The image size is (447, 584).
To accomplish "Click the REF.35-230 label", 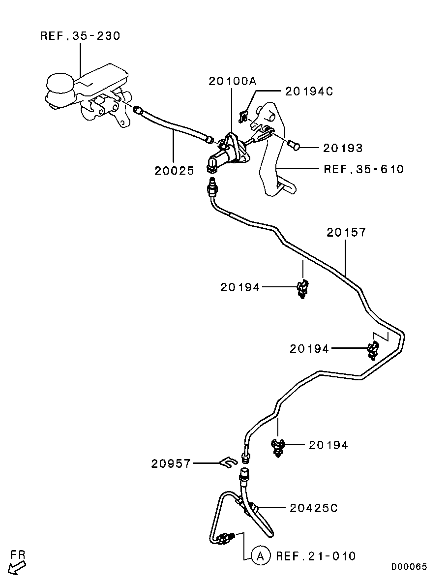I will [x=80, y=36].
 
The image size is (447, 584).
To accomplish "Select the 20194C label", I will [x=309, y=91].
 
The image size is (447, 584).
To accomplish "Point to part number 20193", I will [x=342, y=148].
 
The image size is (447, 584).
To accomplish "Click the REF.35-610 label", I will [x=363, y=169].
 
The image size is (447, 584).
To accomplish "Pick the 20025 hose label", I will [x=174, y=170].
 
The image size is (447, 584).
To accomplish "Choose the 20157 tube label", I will [x=346, y=232].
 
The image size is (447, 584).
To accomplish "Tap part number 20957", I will [x=171, y=463].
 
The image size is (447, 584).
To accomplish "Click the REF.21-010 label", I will [x=315, y=556].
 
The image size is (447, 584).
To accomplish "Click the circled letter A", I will [x=260, y=556].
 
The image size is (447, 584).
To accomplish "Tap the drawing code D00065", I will [x=409, y=567].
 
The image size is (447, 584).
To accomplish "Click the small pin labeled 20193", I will [x=294, y=145].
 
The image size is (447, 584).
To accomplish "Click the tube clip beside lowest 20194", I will [x=279, y=447].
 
